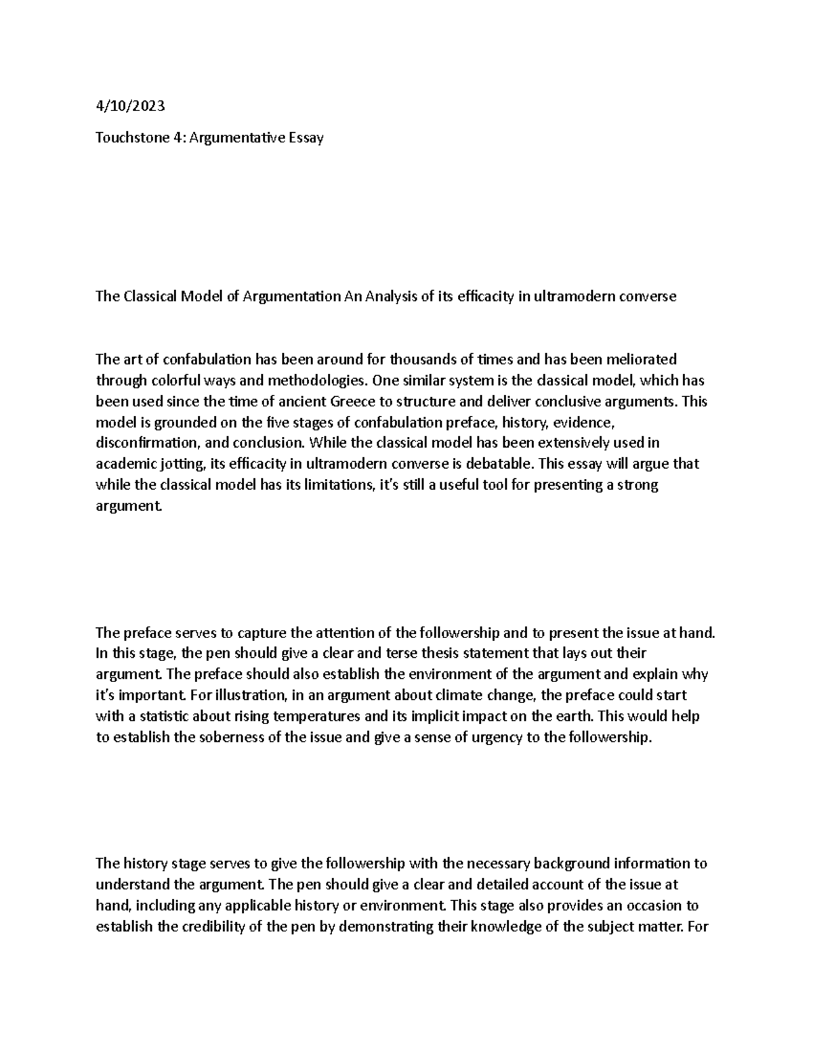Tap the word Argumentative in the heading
click(232, 138)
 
